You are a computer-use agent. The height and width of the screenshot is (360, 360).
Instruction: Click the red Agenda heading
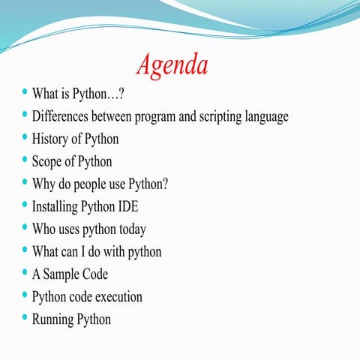172,64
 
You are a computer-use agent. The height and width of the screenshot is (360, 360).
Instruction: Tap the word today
127,229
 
